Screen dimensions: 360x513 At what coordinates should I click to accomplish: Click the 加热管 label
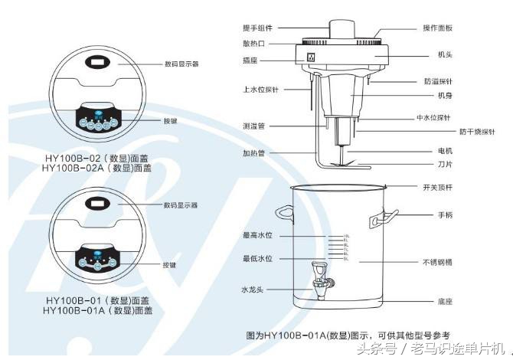point(255,152)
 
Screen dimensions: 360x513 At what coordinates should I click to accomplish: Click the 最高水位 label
point(257,235)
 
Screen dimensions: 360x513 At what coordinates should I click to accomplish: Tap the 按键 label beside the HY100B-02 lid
point(170,121)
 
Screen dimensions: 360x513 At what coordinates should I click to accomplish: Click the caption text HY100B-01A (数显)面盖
point(98,311)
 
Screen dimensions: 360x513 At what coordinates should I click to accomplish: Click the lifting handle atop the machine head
point(341,28)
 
